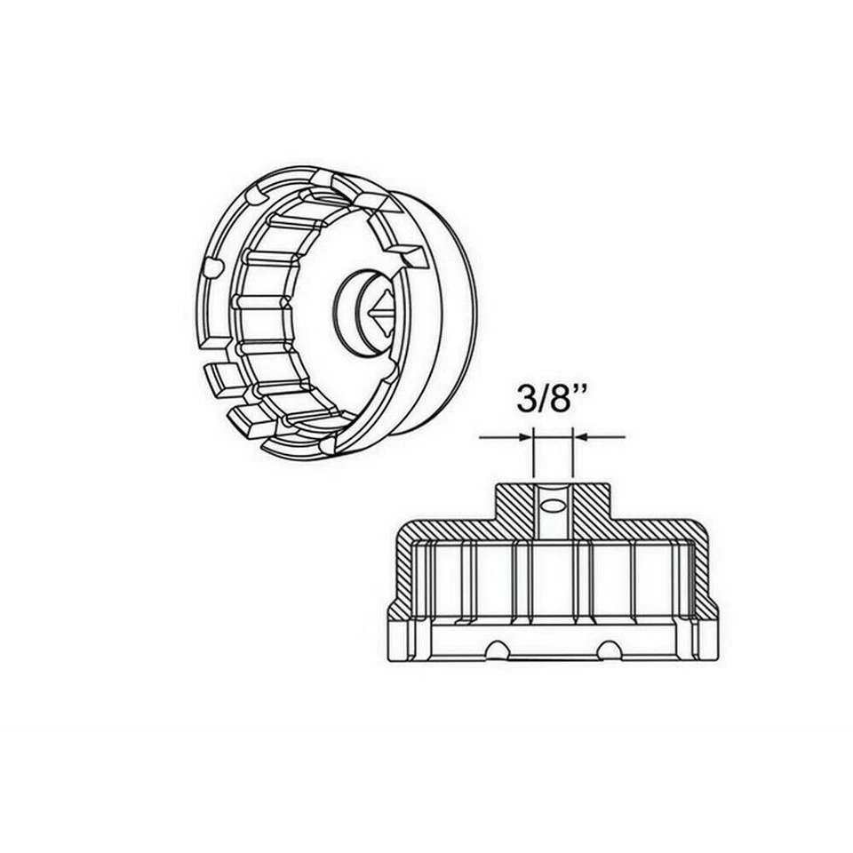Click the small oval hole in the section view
pos(553,506)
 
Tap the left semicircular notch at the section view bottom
pos(498,651)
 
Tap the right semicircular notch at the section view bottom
pos(609,651)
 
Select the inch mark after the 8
pos(589,390)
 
